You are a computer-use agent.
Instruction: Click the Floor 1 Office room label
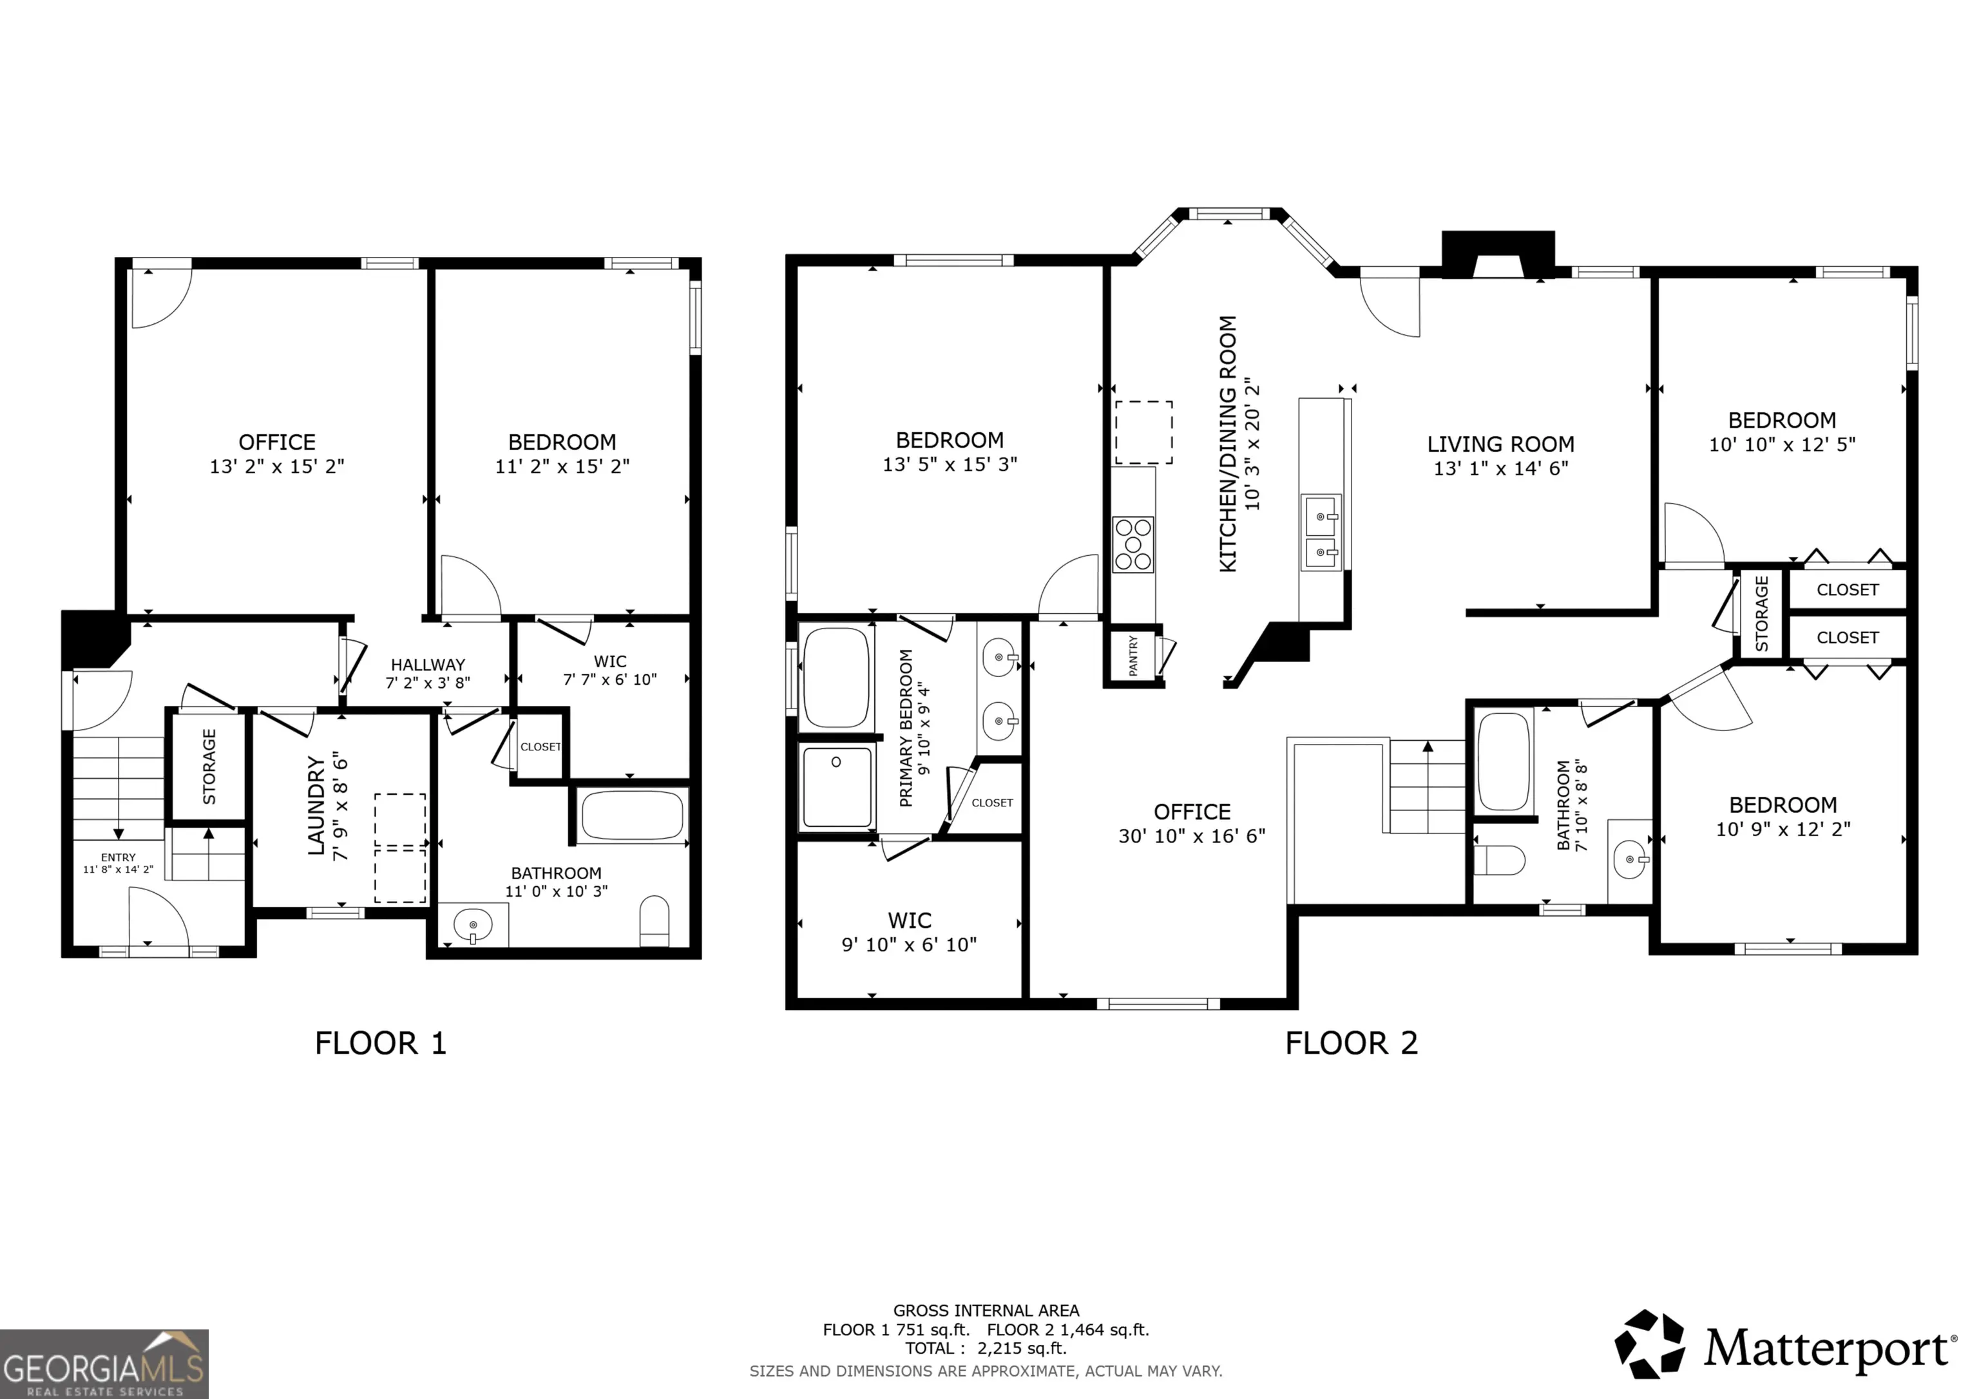point(276,443)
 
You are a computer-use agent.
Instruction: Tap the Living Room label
point(1500,445)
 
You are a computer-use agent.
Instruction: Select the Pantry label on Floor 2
point(1133,655)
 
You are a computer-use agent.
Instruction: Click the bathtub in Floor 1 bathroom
point(633,815)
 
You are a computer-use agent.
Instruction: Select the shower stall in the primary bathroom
point(837,787)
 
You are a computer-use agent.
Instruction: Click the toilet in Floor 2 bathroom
point(1499,859)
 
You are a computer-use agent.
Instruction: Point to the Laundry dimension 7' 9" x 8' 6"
point(341,805)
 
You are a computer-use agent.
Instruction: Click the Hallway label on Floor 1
point(428,665)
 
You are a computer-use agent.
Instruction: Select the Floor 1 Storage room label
point(209,766)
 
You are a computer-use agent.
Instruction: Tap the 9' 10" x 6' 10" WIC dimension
point(910,945)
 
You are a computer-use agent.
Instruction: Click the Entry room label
point(118,857)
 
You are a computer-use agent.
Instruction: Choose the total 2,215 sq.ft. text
point(986,1348)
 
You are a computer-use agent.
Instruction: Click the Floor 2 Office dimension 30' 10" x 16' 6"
point(1192,835)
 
